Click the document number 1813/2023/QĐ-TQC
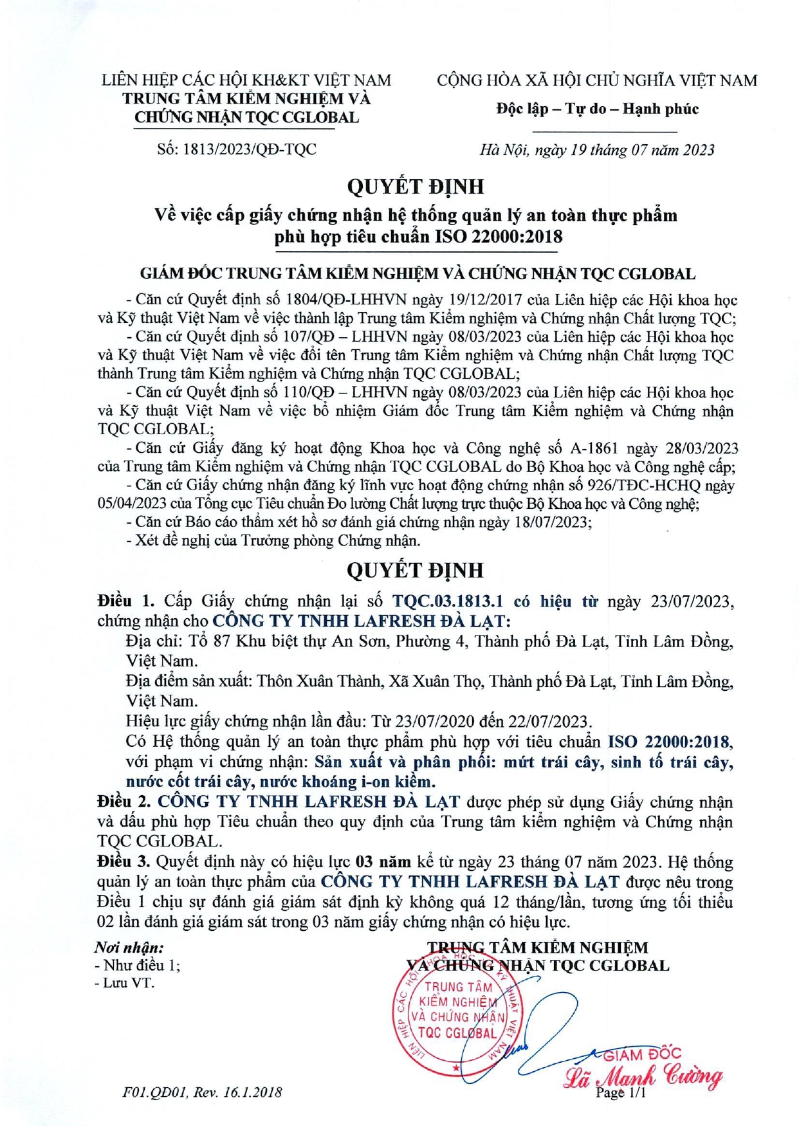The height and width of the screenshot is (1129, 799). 250,149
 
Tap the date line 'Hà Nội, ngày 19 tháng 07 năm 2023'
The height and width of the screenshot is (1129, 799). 596,150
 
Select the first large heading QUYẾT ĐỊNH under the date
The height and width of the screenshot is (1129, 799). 415,187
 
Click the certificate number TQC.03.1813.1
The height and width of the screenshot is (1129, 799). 447,601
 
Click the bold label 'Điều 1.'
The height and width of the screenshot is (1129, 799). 126,601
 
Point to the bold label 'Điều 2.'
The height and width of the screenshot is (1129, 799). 124,802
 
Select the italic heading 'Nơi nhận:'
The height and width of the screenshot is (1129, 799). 129,947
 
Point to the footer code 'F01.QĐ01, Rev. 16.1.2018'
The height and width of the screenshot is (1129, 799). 202,1092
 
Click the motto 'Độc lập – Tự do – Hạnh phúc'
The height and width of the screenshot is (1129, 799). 596,109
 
